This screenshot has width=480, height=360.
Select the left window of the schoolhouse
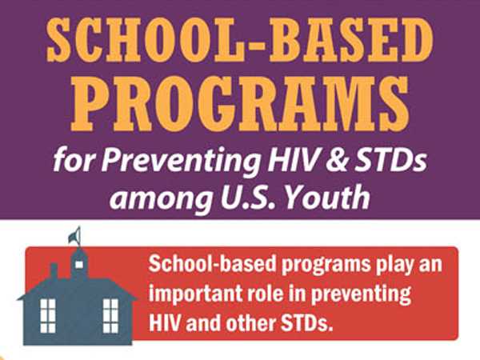(48, 314)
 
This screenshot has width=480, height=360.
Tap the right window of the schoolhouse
(110, 314)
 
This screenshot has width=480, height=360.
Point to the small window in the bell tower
(79, 262)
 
